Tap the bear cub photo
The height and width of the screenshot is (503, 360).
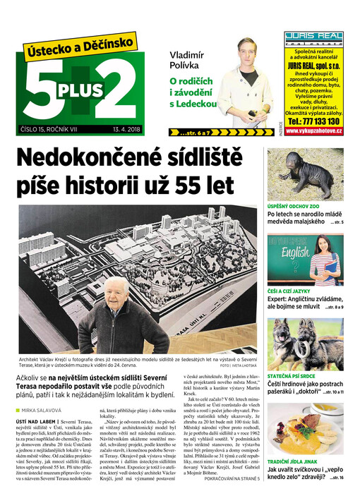tap(305, 174)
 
